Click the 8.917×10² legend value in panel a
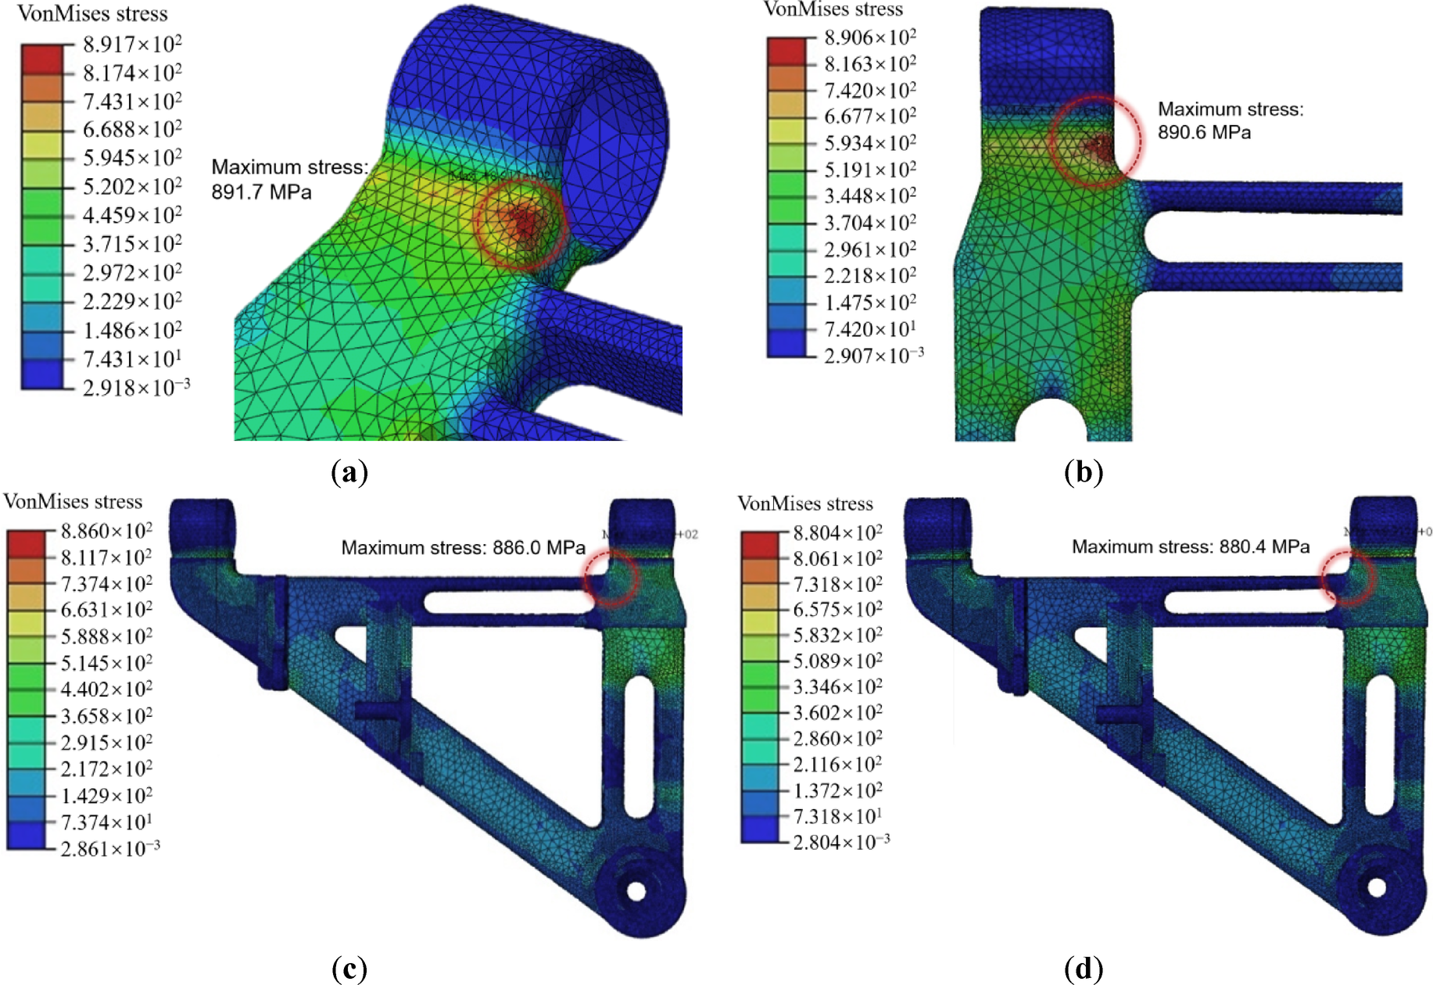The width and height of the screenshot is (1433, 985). pos(132,45)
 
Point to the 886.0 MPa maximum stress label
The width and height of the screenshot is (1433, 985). pos(463,547)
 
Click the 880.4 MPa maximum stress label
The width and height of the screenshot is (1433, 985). pos(1190,546)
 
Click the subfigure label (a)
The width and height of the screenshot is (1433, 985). pos(349,472)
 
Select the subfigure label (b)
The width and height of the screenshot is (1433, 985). pos(1083,472)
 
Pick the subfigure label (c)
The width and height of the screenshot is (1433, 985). pos(349,969)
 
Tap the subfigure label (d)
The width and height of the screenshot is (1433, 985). pos(1083,969)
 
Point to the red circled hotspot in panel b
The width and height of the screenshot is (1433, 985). pos(1099,144)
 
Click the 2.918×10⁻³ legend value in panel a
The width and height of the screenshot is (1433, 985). pos(136,388)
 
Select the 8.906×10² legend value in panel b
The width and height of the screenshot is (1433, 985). pos(869,38)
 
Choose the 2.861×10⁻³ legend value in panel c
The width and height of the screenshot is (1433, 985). pos(109,849)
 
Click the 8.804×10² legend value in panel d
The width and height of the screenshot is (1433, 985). pos(837,533)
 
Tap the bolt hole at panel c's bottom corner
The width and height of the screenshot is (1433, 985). pos(636,890)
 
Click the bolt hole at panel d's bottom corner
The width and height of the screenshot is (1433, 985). pos(1377,888)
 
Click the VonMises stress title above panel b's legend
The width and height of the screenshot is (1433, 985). pos(833,9)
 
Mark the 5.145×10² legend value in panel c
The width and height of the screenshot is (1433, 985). pos(106,664)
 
